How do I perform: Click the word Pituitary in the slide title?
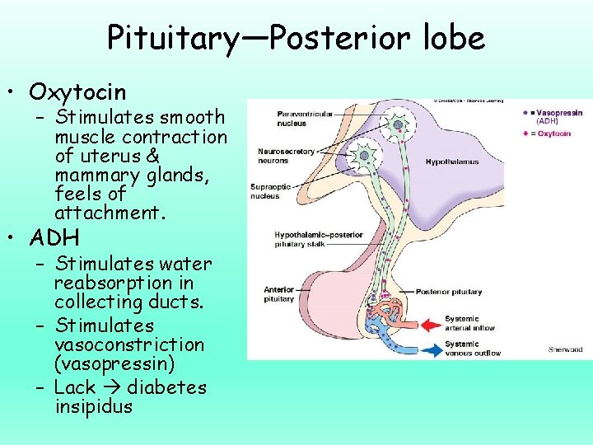click(170, 38)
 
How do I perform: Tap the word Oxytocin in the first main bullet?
click(77, 91)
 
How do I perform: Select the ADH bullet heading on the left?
click(54, 238)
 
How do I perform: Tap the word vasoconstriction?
click(129, 344)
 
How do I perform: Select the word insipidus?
click(93, 406)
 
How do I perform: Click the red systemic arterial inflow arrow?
click(427, 323)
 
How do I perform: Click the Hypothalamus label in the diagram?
click(451, 162)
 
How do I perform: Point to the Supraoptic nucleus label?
click(269, 191)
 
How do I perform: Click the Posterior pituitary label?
click(449, 292)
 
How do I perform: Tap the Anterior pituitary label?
click(278, 294)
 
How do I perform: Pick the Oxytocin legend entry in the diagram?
click(554, 133)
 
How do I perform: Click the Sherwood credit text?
click(565, 349)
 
